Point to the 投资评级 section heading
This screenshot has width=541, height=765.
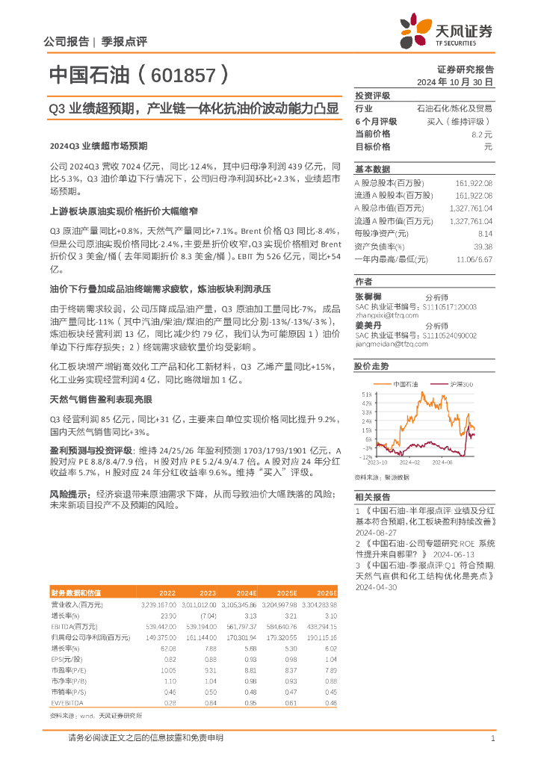pyautogui.click(x=372, y=96)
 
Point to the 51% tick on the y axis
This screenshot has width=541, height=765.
pyautogui.click(x=366, y=394)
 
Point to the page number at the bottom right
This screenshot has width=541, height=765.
pyautogui.click(x=493, y=739)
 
